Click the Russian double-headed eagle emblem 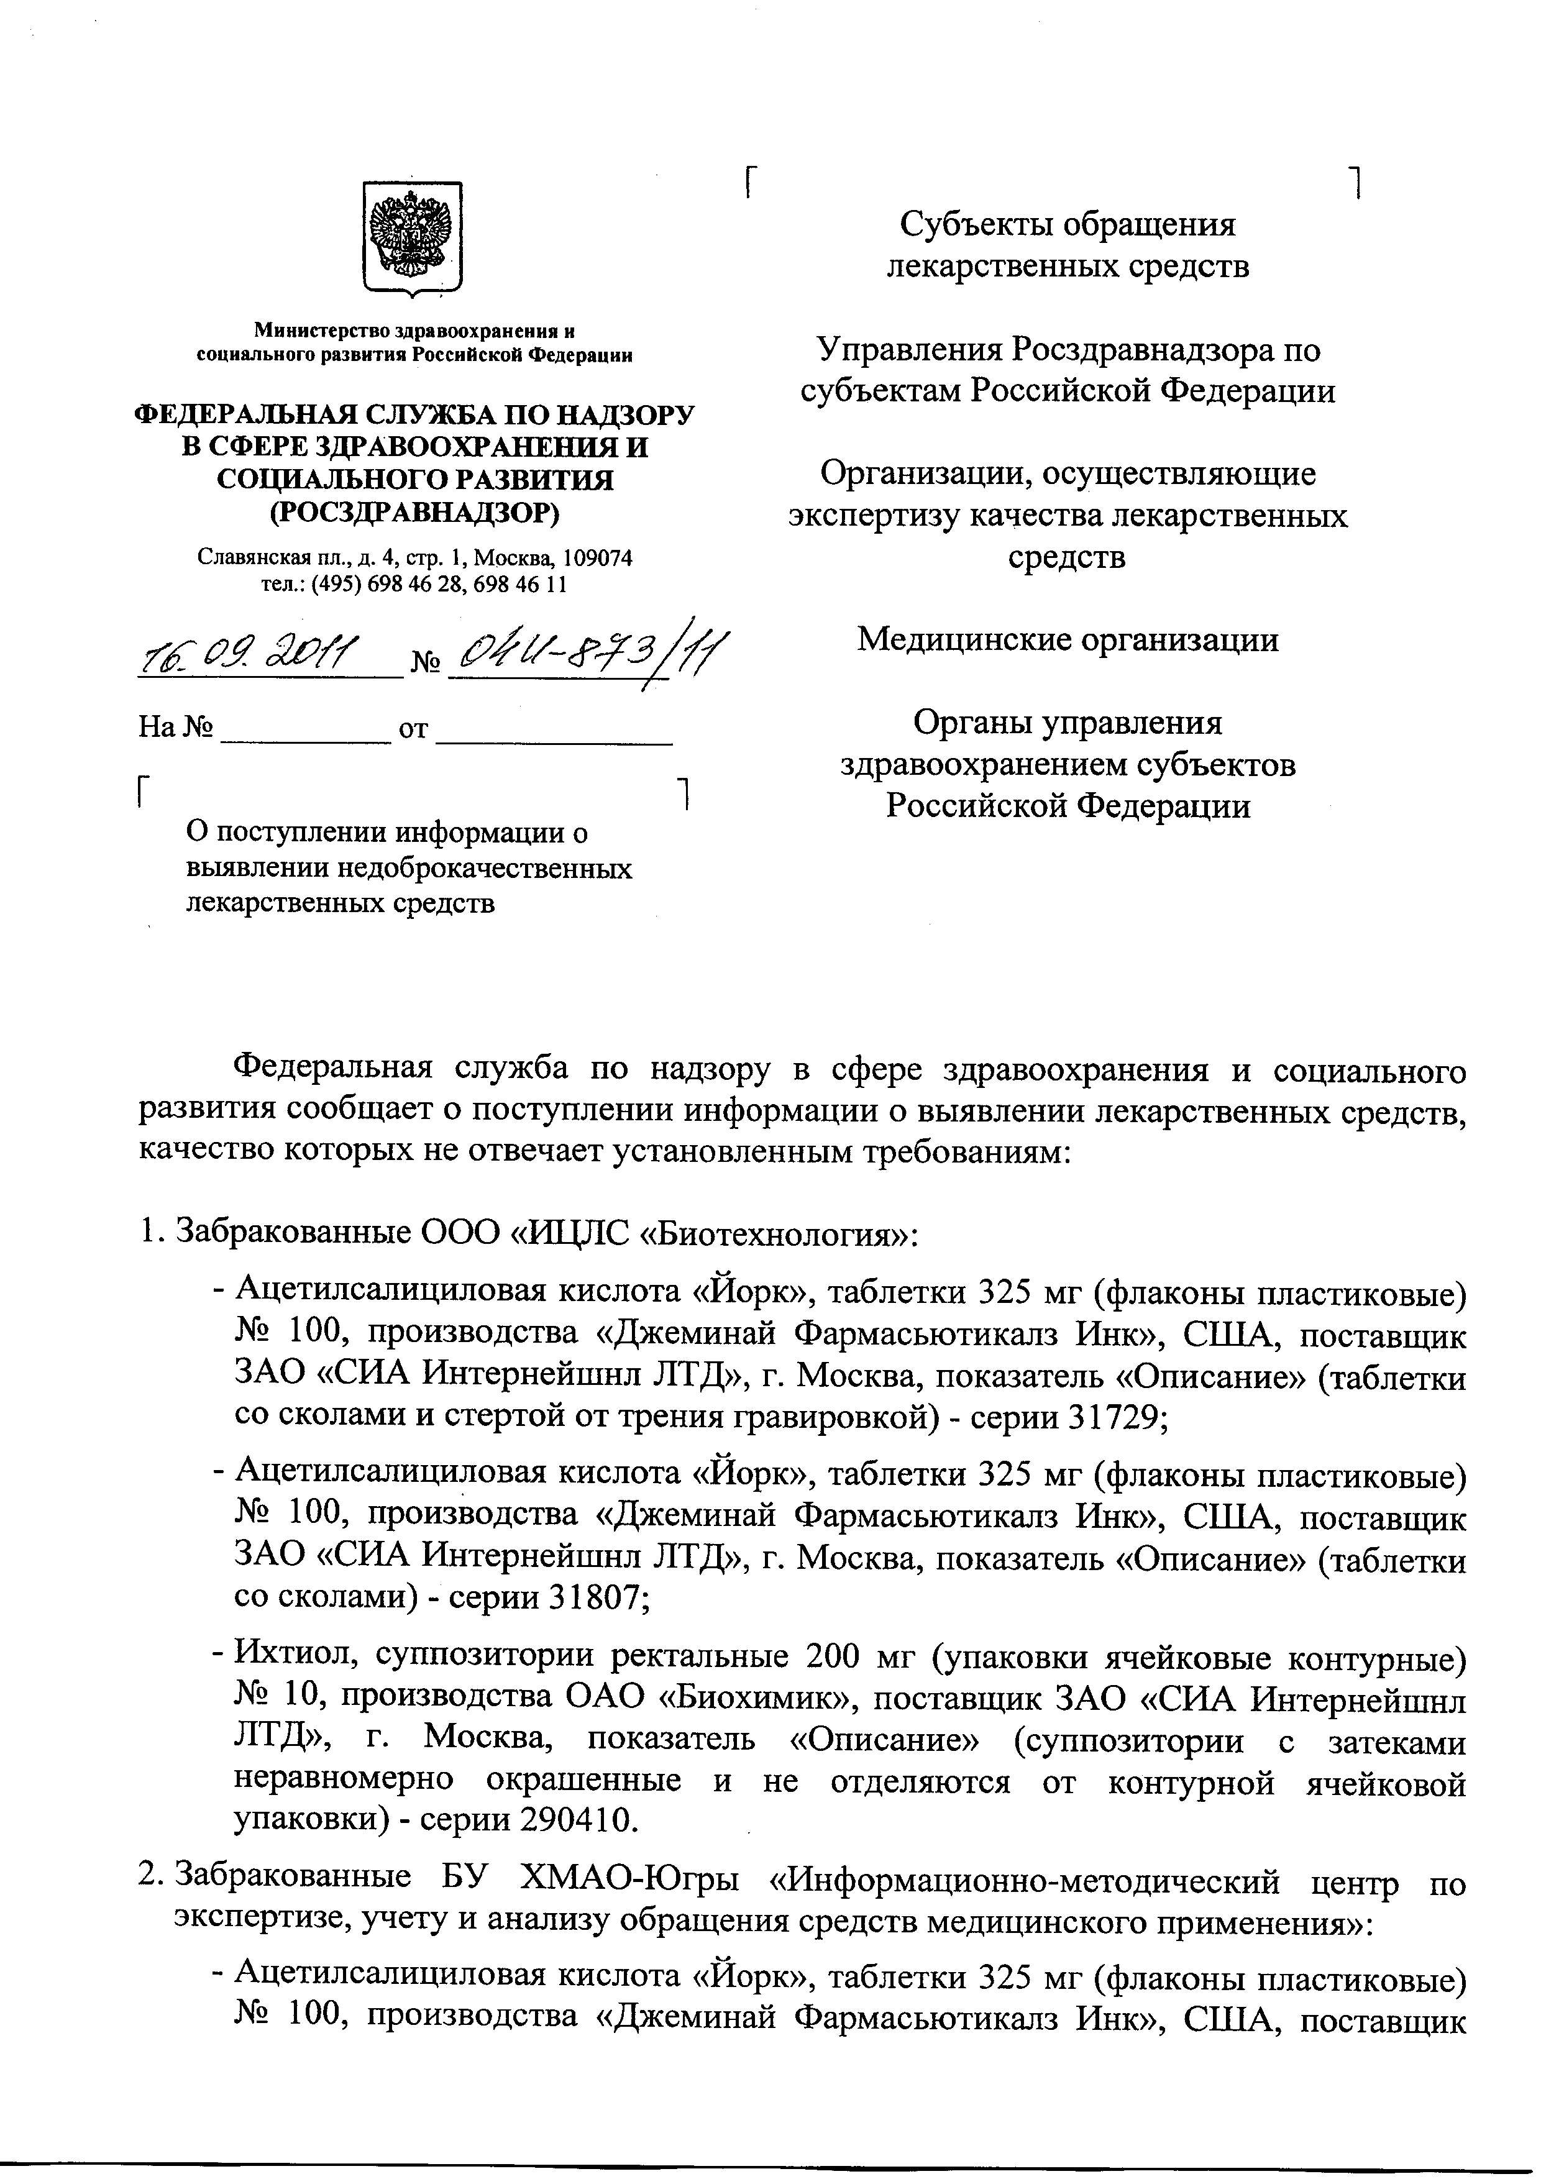click(413, 236)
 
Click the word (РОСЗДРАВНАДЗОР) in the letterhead click(414, 513)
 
